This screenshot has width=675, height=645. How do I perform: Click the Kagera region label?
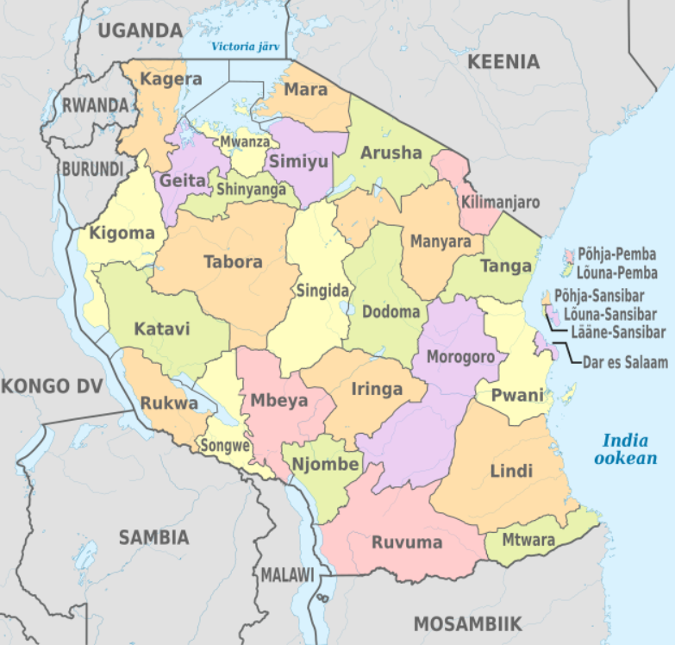click(x=171, y=79)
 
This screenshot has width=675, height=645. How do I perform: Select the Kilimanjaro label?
click(x=500, y=203)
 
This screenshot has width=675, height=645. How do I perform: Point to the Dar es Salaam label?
click(x=625, y=363)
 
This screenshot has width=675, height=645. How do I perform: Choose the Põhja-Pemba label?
click(x=617, y=255)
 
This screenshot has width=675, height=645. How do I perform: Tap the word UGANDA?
click(x=140, y=31)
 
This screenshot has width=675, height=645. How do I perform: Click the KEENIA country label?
click(x=503, y=61)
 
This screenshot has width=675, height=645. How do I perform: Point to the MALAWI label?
click(x=288, y=574)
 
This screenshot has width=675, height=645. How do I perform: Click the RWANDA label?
click(x=96, y=105)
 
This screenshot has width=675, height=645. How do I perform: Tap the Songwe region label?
click(x=225, y=446)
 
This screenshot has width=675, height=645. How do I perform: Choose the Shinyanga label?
click(x=250, y=188)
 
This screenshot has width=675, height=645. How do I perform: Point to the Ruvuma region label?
click(x=407, y=542)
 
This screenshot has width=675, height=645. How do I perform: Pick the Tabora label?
click(x=233, y=261)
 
